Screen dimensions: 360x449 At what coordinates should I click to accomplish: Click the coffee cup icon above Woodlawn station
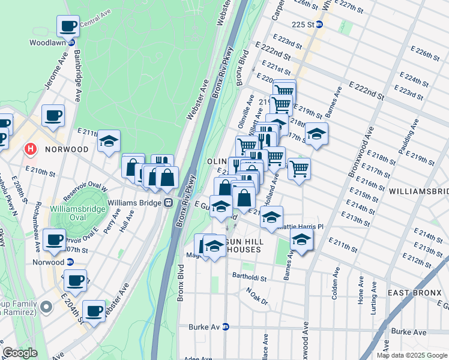click(68, 26)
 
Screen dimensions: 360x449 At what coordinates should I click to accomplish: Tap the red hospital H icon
click(29, 148)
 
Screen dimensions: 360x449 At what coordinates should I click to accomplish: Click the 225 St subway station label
click(303, 25)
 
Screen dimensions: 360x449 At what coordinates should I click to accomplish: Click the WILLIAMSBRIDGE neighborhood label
click(418, 191)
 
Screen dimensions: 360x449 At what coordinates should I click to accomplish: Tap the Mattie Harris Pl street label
click(303, 227)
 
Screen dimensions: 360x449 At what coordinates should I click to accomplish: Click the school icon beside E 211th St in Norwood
click(109, 142)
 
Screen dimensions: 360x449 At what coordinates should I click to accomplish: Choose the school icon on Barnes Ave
click(301, 241)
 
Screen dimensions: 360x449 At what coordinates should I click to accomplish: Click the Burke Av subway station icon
click(226, 327)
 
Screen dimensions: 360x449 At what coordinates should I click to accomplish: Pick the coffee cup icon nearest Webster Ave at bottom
click(94, 311)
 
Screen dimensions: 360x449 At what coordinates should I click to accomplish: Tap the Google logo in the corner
click(20, 353)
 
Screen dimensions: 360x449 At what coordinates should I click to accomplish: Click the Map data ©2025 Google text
click(412, 355)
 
